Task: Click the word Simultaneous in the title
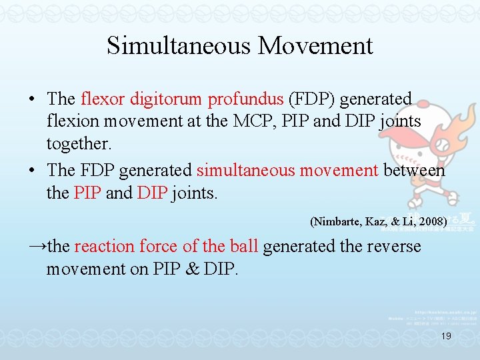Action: (179, 46)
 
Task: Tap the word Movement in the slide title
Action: (315, 46)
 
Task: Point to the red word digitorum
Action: (165, 99)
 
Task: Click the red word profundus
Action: (245, 99)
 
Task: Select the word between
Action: (414, 171)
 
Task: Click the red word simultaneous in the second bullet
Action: (246, 171)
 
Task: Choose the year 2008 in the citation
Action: (432, 221)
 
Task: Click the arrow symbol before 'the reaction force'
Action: (37, 246)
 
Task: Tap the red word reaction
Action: (105, 247)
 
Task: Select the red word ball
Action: (243, 247)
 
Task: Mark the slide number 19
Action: (447, 337)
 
